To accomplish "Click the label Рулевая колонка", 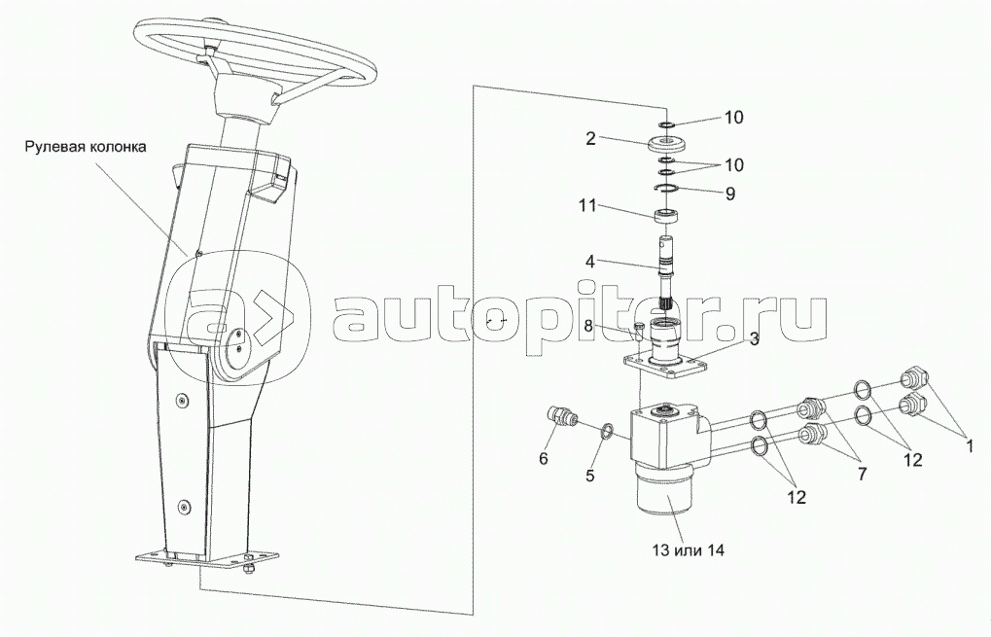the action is point(86,147).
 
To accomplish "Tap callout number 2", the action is point(591,138).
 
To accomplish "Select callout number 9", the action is point(730,194).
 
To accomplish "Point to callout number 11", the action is point(588,206).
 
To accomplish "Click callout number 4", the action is point(589,262).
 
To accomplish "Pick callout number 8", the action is point(588,326).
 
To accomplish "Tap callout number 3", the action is point(754,339).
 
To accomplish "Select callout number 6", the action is point(544,459).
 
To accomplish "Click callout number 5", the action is point(590,476).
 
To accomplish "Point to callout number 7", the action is point(862,474).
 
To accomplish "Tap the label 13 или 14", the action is point(689,550).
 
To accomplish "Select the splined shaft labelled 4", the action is point(668,271).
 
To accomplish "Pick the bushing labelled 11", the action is point(668,216).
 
